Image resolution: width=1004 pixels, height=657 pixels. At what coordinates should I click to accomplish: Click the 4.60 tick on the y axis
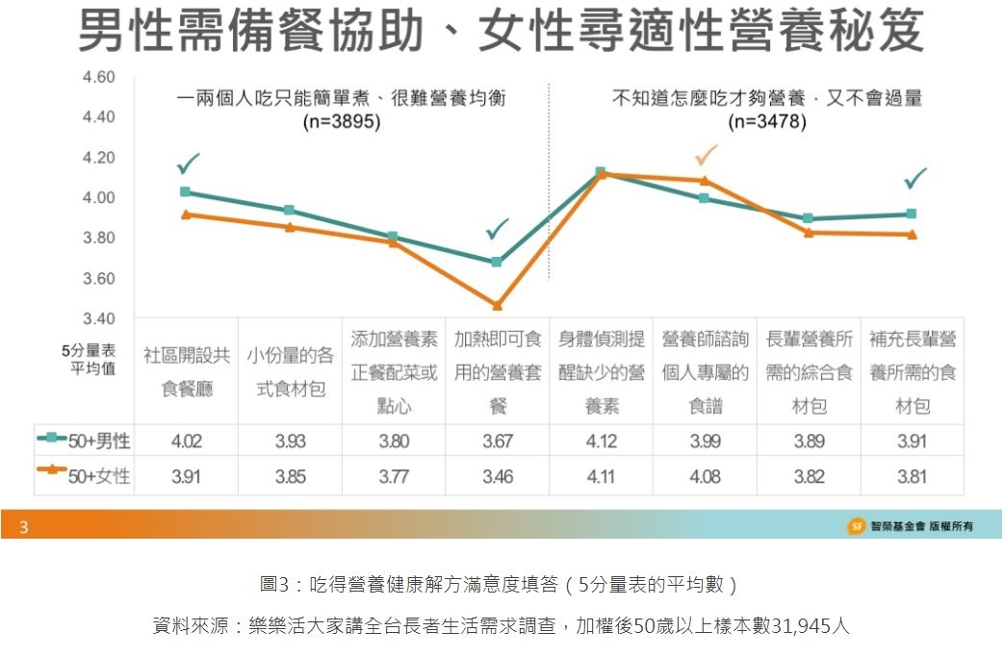point(99,77)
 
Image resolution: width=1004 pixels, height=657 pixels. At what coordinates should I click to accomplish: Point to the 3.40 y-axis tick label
point(99,318)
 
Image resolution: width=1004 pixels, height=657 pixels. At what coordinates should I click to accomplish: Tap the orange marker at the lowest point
point(497,306)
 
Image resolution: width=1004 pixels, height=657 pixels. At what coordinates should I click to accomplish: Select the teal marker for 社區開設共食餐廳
point(185,192)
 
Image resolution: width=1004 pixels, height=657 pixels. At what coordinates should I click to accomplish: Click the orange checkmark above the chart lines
point(707,155)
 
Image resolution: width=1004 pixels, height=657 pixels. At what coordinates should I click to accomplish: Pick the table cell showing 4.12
point(601,442)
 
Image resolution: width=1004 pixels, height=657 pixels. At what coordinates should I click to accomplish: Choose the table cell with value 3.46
point(498,475)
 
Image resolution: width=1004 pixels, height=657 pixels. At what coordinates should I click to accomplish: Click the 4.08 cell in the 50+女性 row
point(705,475)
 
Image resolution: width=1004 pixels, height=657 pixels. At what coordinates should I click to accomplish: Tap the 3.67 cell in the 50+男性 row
point(498,442)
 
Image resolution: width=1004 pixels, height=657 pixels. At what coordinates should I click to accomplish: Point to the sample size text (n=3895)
point(341,122)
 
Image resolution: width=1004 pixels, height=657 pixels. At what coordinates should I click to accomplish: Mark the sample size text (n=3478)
point(767,122)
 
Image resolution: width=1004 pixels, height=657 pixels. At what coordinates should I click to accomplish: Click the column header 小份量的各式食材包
point(290,371)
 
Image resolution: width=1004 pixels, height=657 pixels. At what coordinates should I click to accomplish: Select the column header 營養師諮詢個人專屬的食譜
point(705,371)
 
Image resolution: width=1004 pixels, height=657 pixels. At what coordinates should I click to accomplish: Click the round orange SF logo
point(855,525)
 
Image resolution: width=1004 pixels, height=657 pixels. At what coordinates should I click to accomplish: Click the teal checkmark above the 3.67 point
point(498,229)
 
